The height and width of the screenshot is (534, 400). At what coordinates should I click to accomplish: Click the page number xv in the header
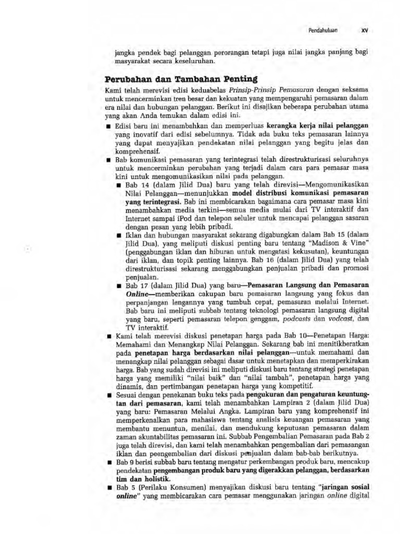tap(365, 30)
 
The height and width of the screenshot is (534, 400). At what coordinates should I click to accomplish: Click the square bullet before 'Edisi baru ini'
tap(108, 126)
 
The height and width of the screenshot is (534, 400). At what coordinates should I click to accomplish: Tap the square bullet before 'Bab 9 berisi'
tap(108, 462)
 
